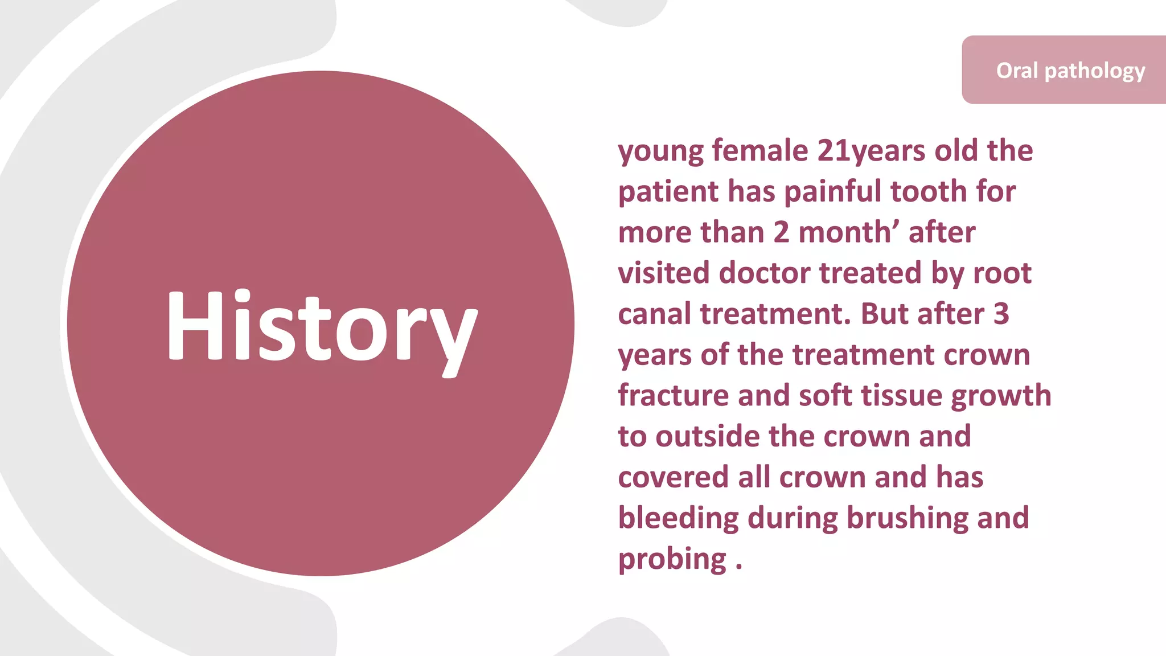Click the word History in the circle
click(x=322, y=327)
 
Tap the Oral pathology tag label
click(x=1070, y=71)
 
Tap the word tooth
click(x=928, y=191)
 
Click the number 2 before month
click(x=781, y=232)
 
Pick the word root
click(x=1002, y=273)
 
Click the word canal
click(x=654, y=314)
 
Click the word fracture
click(x=673, y=395)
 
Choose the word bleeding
click(x=678, y=519)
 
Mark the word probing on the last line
click(x=672, y=560)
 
